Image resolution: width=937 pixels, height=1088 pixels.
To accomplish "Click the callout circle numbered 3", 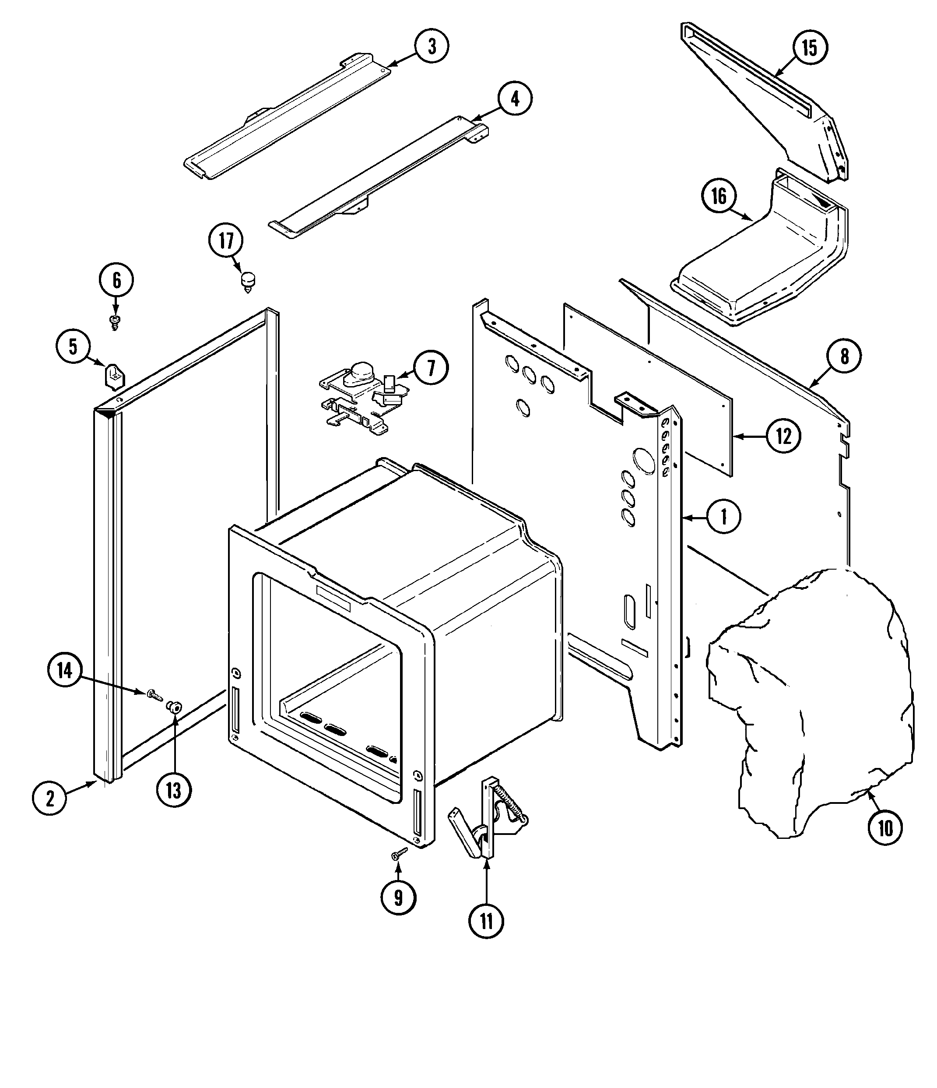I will coord(432,46).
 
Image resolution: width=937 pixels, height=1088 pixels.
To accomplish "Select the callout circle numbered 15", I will coord(810,48).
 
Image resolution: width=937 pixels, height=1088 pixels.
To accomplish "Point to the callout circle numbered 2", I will coord(49,799).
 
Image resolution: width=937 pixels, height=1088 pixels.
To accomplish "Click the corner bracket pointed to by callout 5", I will coord(114,377).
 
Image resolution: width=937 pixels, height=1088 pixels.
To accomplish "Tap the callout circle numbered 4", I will coord(514,98).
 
